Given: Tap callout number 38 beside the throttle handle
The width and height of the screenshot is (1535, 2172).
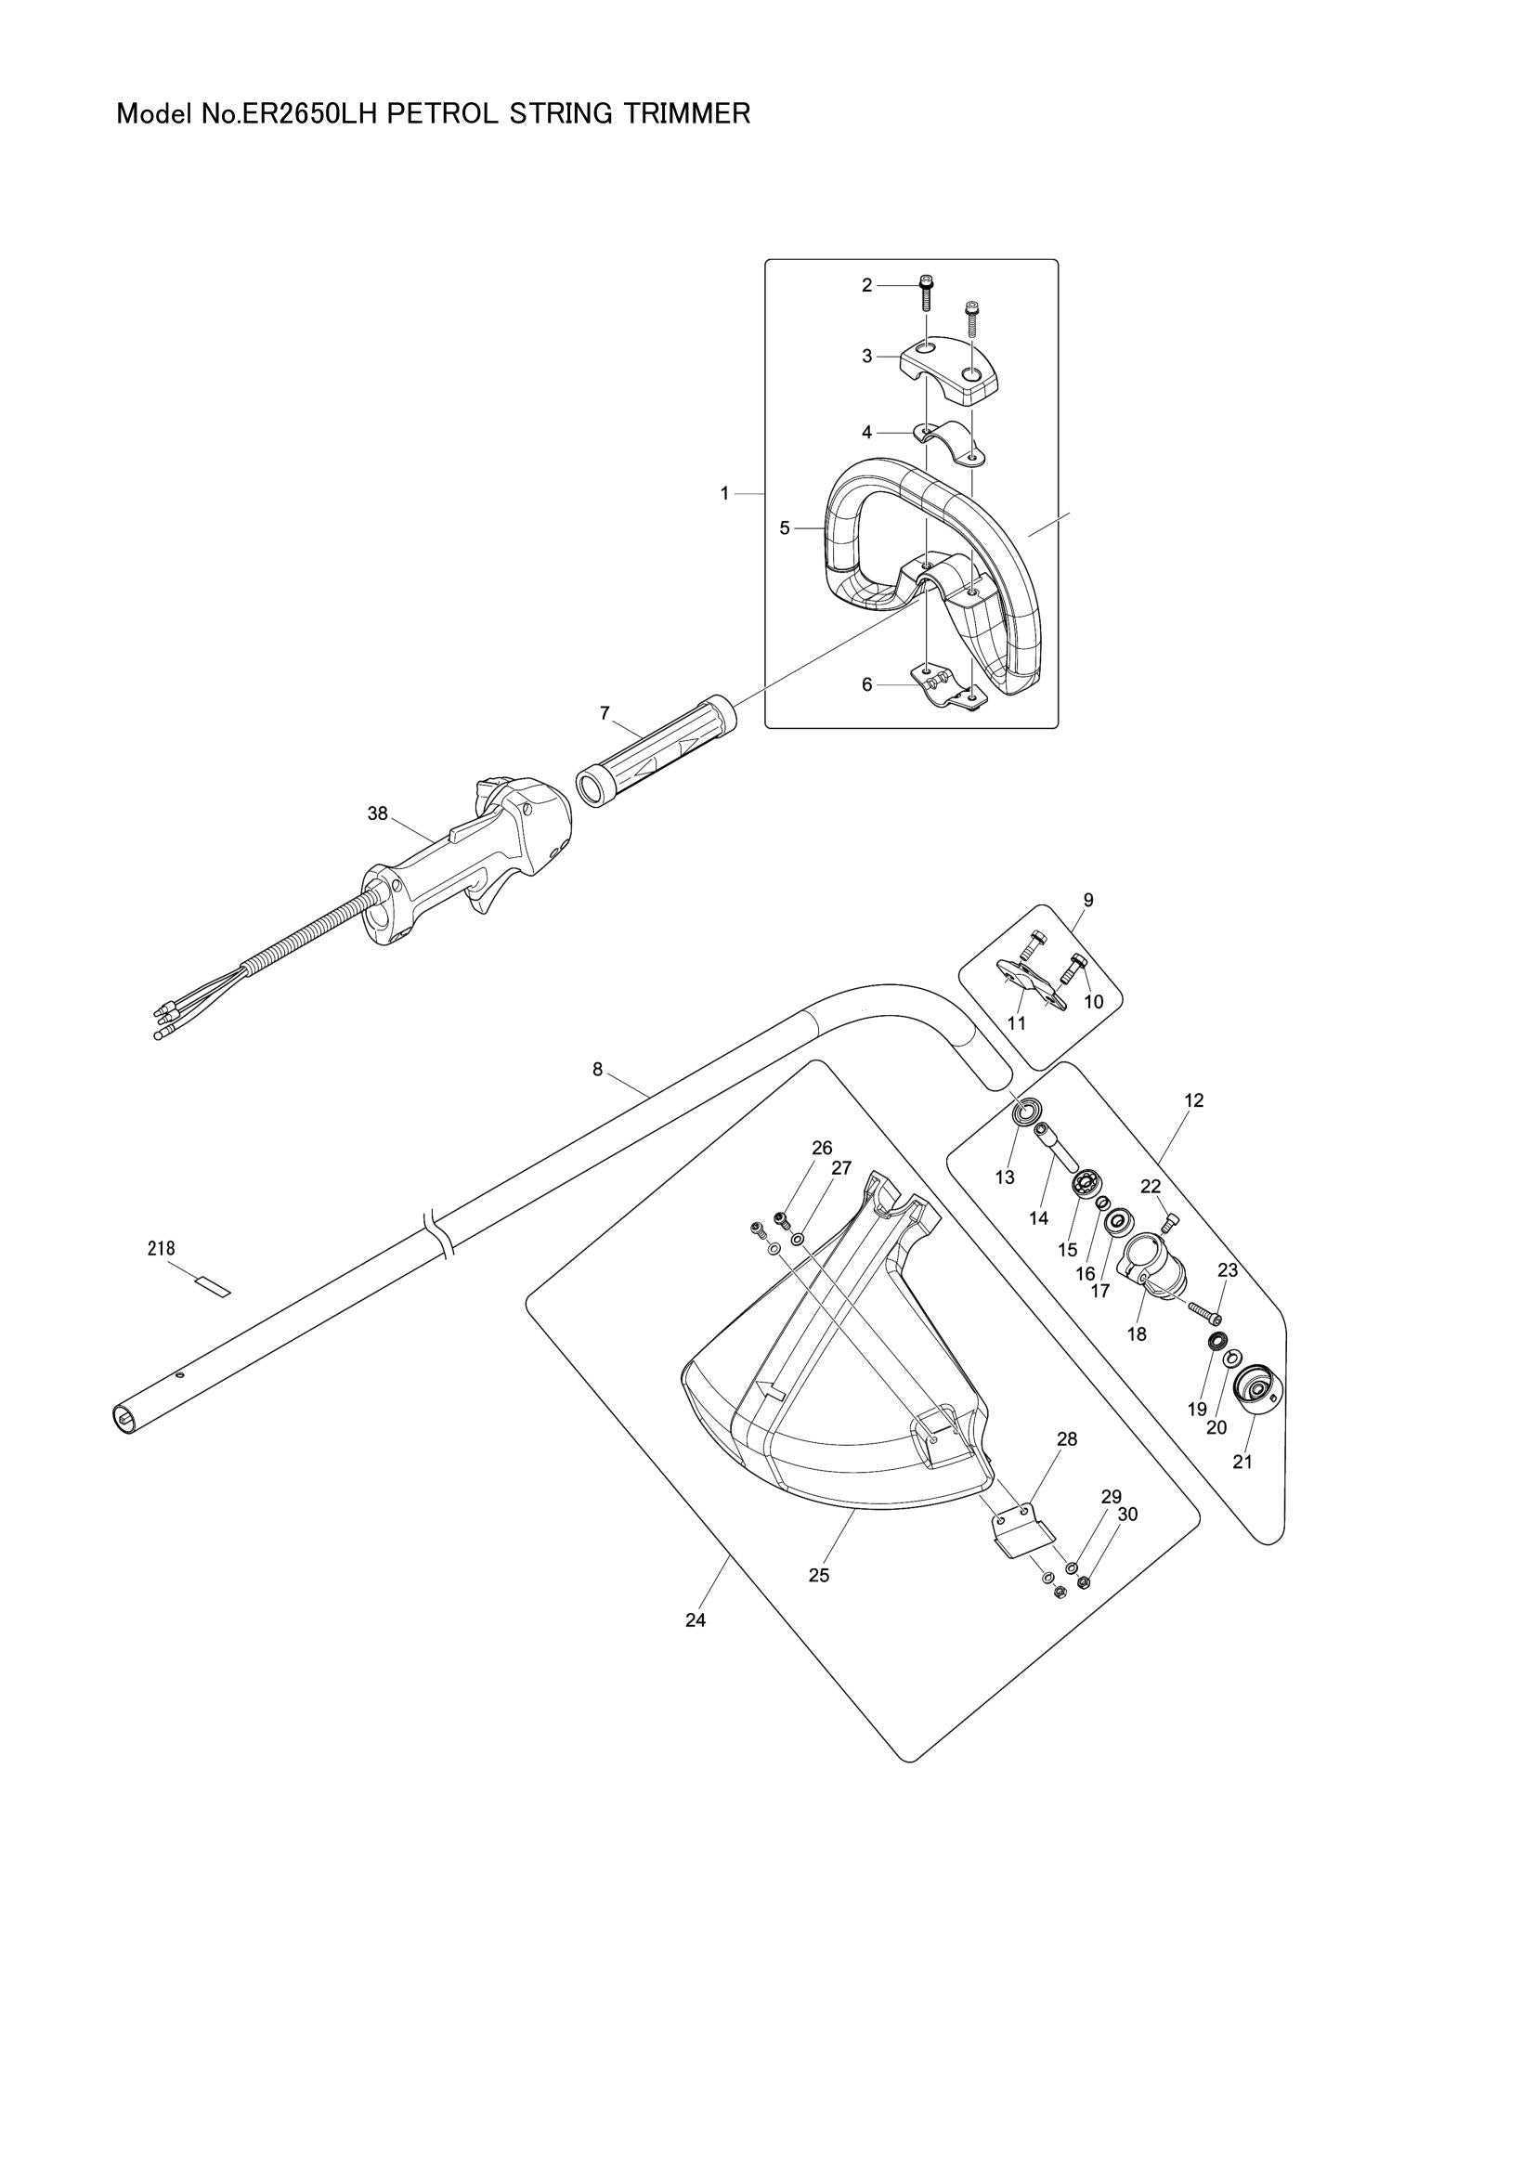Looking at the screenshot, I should tap(377, 813).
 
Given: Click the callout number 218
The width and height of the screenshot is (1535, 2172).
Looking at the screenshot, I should tap(161, 1249).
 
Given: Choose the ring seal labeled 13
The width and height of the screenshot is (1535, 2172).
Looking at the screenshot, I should tap(1025, 1110).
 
